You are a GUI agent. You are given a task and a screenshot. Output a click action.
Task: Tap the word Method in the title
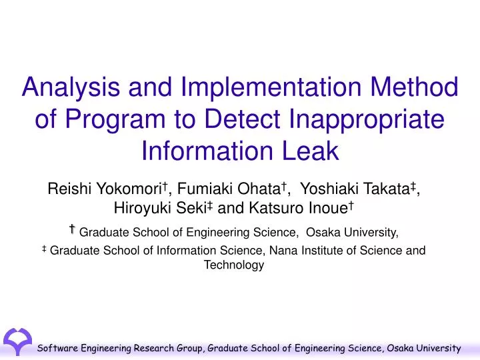coord(415,88)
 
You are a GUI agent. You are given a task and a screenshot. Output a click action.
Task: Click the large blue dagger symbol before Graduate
coord(71,230)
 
